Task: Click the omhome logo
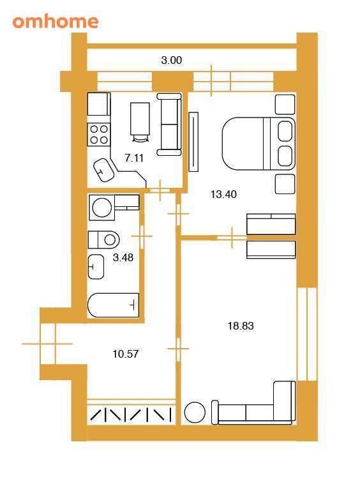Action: click(x=56, y=21)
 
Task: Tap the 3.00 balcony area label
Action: click(x=171, y=60)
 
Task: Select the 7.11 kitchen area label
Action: click(x=134, y=158)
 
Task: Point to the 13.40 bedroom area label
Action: click(x=223, y=194)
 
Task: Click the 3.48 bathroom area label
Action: click(x=123, y=257)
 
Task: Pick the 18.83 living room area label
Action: click(x=241, y=326)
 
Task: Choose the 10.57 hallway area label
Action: click(x=126, y=354)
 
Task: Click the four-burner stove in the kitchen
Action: click(x=99, y=134)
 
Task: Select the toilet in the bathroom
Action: click(x=103, y=240)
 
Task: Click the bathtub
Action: click(x=113, y=305)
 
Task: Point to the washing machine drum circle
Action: click(x=101, y=208)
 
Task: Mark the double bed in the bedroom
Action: click(x=259, y=143)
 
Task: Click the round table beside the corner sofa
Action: click(x=195, y=413)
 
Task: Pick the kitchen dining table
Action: click(x=140, y=119)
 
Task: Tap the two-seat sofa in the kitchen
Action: click(x=169, y=125)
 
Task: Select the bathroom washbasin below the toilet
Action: click(x=96, y=267)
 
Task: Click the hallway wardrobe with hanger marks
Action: click(x=131, y=415)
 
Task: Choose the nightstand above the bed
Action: click(x=285, y=105)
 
